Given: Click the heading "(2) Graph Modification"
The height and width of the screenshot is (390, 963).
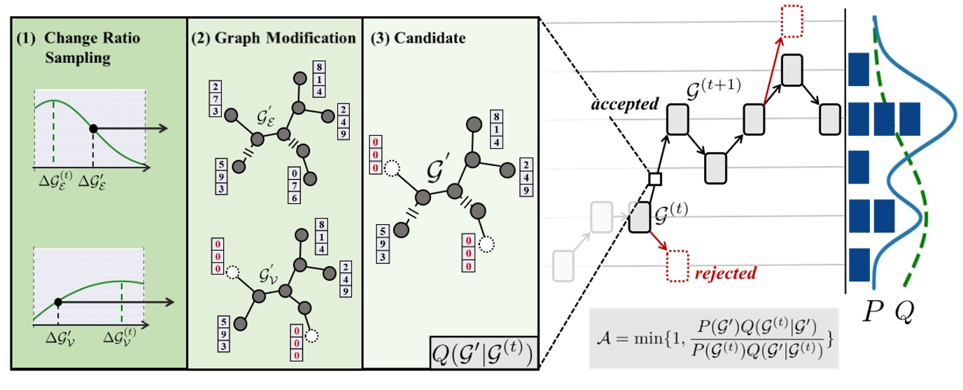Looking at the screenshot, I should point(273,38).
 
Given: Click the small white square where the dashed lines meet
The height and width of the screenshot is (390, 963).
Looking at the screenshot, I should point(654,179).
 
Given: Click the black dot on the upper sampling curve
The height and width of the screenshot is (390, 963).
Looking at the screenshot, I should point(93,129).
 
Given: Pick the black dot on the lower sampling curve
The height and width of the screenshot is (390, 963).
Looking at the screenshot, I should point(58,302).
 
